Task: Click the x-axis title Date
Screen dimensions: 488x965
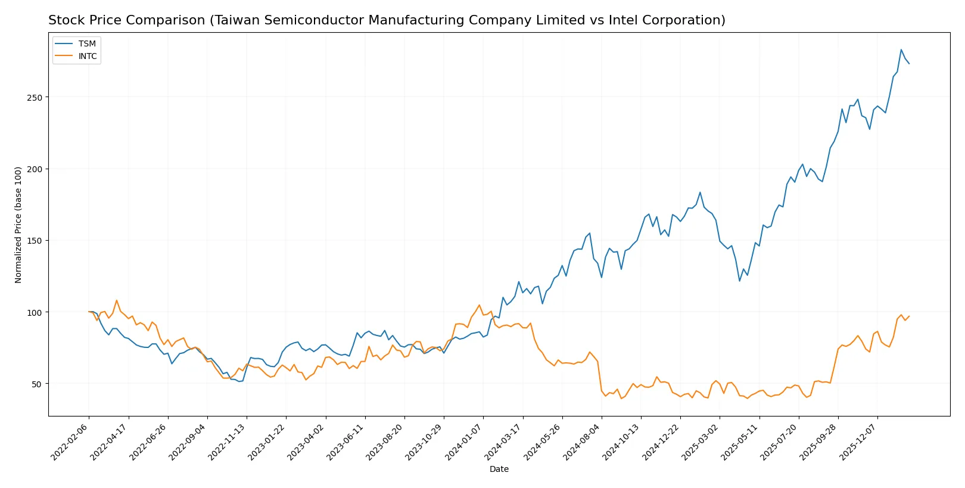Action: point(499,470)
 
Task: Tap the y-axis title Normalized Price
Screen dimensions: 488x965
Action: point(18,225)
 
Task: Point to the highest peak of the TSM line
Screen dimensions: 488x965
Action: point(901,49)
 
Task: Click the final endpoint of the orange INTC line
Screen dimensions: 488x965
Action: point(909,316)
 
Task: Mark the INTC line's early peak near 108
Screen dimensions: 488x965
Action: point(117,300)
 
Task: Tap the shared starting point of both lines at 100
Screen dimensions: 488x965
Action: point(89,312)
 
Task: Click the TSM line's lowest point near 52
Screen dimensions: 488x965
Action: point(239,381)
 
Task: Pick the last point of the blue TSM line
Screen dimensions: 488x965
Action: point(909,64)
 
